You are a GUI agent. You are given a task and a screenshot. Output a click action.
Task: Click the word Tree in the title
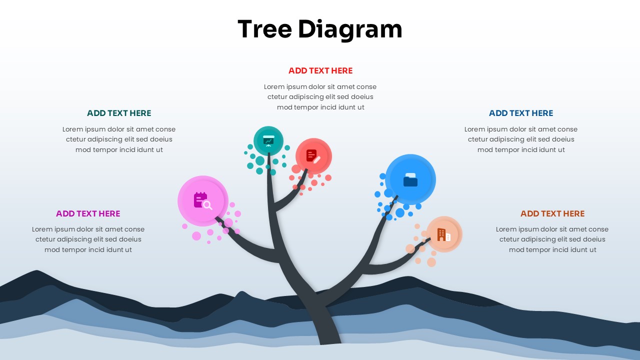[x=265, y=29]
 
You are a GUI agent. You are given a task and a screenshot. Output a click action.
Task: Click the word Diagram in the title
[x=350, y=30]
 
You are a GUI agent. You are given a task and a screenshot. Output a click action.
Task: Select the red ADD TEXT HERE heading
[x=320, y=70]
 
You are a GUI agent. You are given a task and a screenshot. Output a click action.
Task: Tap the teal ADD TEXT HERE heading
[x=119, y=113]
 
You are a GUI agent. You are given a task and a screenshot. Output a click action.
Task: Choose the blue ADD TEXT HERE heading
[x=521, y=113]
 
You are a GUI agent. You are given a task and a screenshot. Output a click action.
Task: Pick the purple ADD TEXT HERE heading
[x=88, y=213]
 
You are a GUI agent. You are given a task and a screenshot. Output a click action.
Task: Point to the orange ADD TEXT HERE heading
[x=552, y=213]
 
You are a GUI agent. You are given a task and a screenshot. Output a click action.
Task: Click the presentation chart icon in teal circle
[x=268, y=141]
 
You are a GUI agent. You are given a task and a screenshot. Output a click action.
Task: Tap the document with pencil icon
[x=313, y=156]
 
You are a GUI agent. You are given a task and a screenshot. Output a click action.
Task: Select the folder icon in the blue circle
[x=410, y=179]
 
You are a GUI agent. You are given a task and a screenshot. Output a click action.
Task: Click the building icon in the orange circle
[x=444, y=234]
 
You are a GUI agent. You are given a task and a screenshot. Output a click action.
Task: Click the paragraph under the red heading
[x=320, y=97]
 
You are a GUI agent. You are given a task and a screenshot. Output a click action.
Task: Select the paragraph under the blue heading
[x=521, y=139]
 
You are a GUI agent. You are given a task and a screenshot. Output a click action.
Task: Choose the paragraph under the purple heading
[x=88, y=239]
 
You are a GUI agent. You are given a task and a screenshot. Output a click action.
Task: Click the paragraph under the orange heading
[x=552, y=239]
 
